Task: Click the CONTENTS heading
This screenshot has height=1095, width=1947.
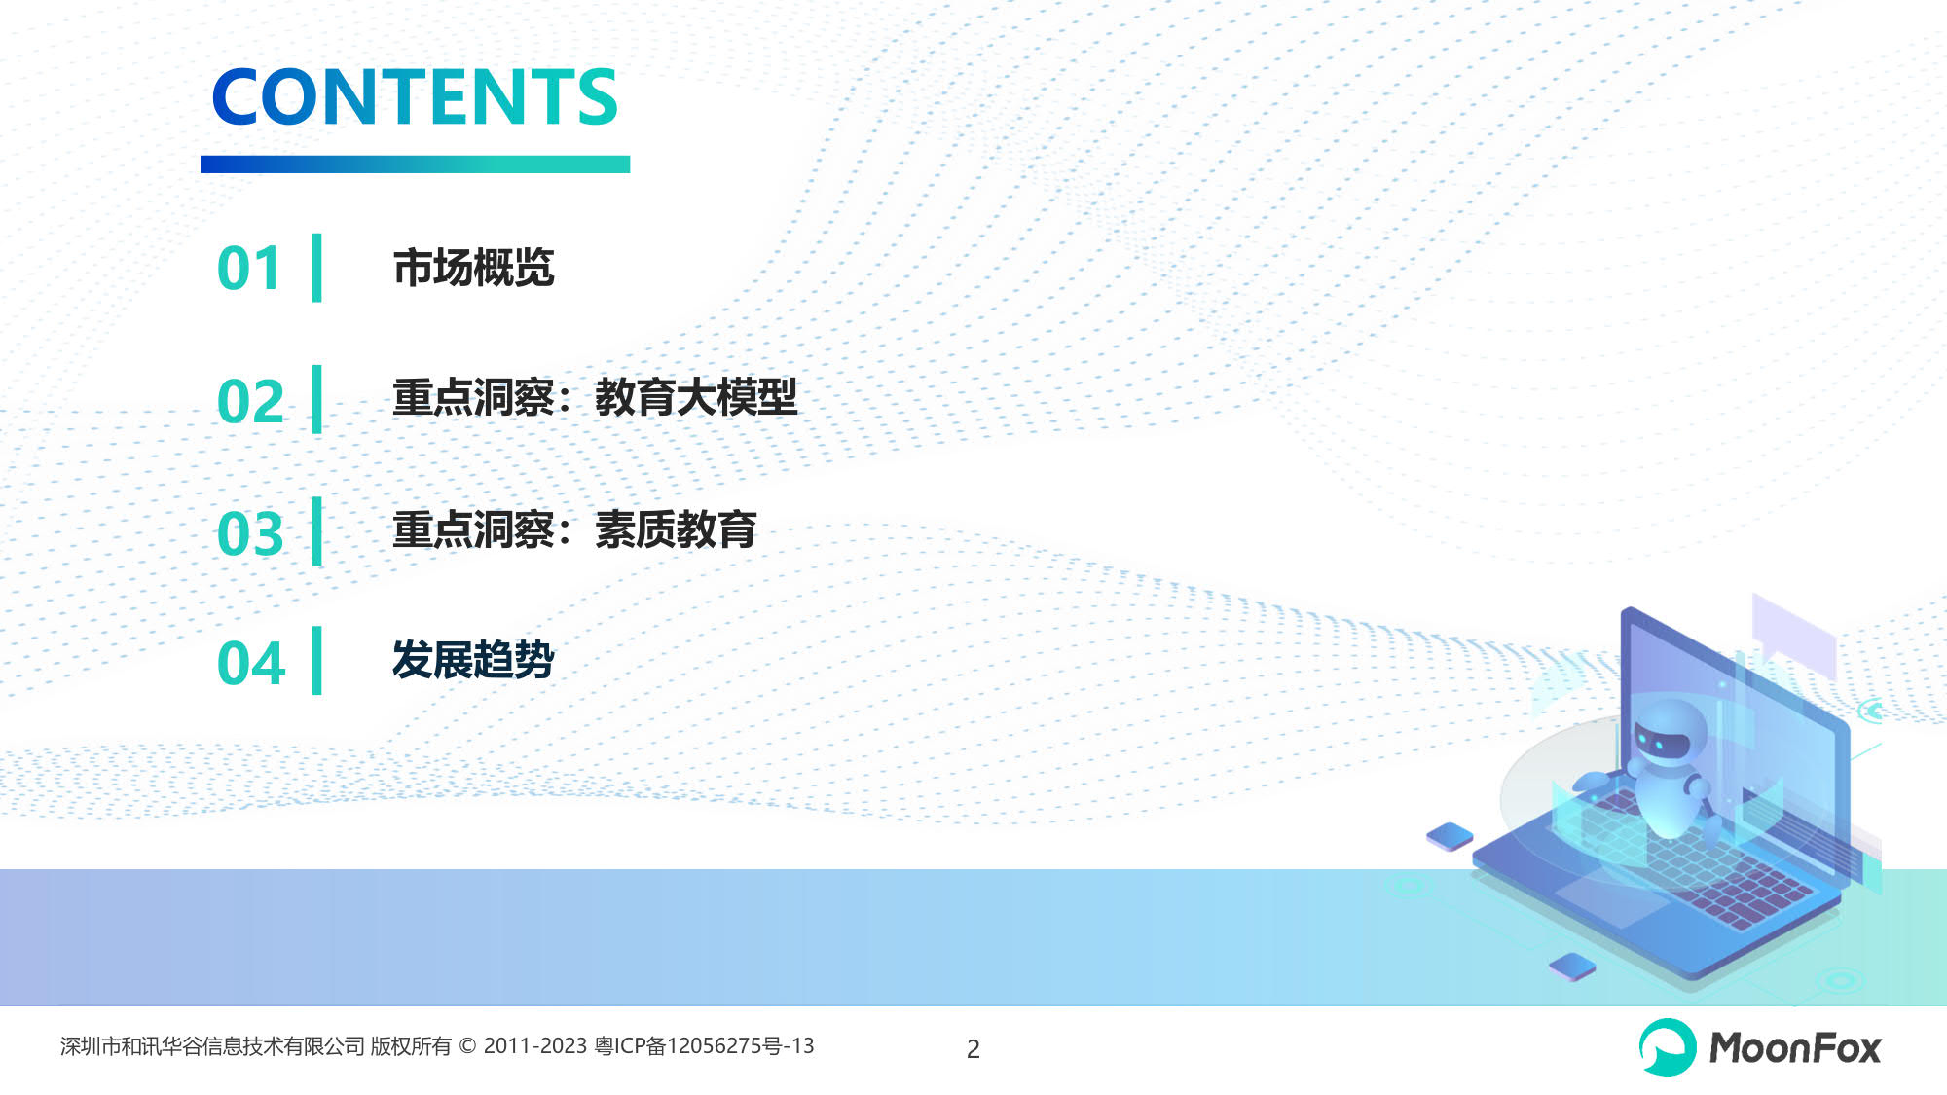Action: [x=415, y=97]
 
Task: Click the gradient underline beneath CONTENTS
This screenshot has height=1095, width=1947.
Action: [x=415, y=164]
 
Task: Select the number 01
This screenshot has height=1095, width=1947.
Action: [x=249, y=269]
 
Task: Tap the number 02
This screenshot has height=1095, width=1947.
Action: [x=250, y=401]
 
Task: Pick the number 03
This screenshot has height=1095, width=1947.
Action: [x=250, y=533]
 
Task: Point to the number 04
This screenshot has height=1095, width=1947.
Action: [x=251, y=664]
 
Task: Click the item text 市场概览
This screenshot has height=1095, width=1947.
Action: [x=474, y=268]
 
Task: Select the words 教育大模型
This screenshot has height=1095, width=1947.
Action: [x=696, y=398]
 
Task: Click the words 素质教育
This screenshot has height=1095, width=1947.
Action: [x=676, y=530]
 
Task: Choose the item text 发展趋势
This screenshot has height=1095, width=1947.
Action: [x=474, y=660]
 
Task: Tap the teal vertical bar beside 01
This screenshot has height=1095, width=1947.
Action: [x=316, y=268]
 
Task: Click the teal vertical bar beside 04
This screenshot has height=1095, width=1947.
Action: [x=316, y=661]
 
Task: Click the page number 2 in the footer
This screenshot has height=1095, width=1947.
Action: [x=973, y=1049]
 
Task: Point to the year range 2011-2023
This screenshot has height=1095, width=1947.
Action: [x=535, y=1046]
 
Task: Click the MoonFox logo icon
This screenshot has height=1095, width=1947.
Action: [x=1668, y=1047]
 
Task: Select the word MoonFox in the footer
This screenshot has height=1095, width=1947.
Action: [x=1795, y=1048]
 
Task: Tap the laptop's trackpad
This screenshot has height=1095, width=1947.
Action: [x=1611, y=900]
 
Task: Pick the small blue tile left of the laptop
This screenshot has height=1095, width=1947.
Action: [x=1450, y=836]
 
